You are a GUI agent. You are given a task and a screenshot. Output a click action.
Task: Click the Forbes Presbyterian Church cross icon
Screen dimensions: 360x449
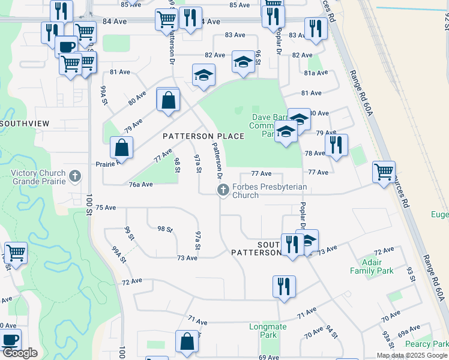point(223,191)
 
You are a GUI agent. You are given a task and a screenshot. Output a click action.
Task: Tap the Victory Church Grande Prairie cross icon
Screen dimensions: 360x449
point(74,176)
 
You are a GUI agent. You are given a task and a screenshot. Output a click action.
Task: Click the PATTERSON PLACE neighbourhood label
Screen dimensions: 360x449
point(204,136)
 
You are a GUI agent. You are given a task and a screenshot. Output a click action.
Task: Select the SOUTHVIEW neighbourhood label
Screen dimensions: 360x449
point(25,123)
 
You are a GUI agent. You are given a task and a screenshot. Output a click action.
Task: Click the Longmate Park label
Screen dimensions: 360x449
point(268,331)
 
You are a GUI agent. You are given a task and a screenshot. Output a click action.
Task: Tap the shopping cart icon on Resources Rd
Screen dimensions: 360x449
point(384,172)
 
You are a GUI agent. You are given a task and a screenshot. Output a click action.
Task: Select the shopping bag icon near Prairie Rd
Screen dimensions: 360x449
point(121,147)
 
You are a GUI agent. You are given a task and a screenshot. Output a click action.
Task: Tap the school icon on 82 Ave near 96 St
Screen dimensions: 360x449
point(243,62)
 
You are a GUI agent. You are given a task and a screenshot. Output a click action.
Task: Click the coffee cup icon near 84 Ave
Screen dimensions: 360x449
point(65,46)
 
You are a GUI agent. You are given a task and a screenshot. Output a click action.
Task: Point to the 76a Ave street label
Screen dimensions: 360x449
point(139,185)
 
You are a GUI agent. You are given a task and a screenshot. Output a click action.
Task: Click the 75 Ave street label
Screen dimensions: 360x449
point(105,208)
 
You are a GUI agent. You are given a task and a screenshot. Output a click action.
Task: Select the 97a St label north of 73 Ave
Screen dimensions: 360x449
point(197,240)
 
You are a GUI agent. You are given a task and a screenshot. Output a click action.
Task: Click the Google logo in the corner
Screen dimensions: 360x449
point(20,353)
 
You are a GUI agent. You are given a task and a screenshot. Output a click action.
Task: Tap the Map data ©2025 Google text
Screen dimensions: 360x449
point(412,355)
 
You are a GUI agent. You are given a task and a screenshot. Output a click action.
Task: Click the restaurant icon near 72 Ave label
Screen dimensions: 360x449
point(284,286)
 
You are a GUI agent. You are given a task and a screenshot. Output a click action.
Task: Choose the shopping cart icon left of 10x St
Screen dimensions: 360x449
point(16,253)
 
